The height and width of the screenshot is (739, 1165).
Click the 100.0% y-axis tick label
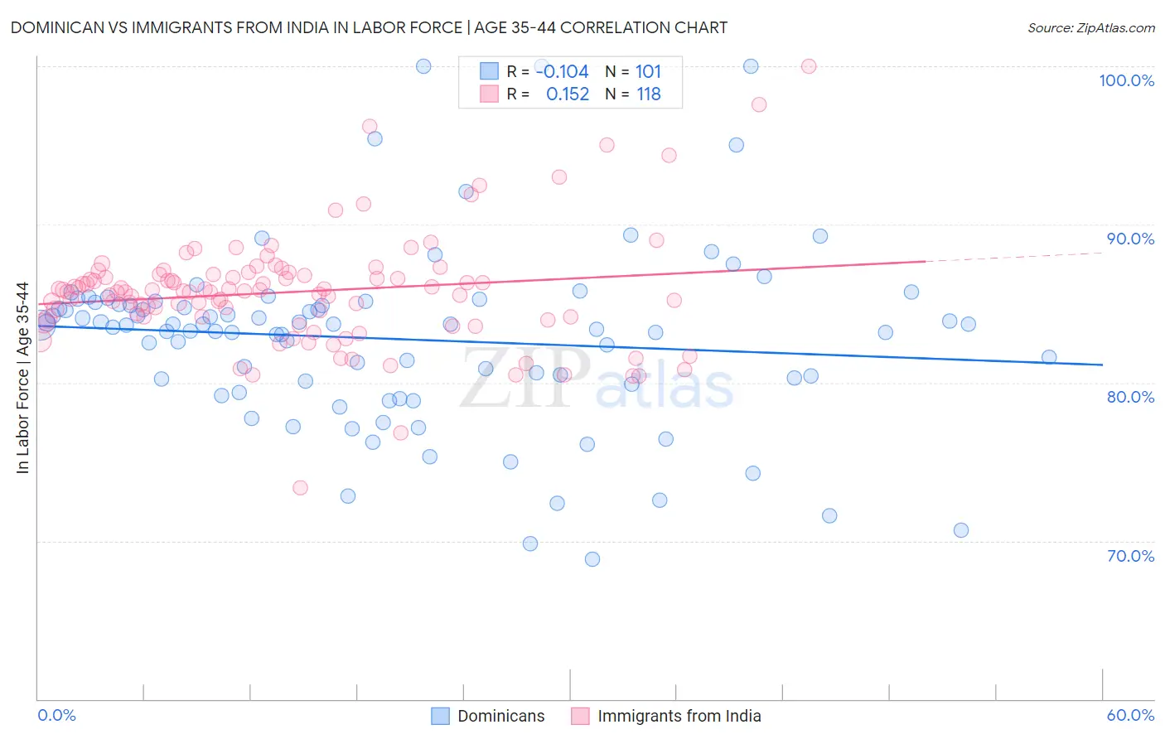point(1126,80)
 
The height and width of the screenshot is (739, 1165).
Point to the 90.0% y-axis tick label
point(1130,239)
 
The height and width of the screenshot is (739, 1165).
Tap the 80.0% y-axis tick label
point(1130,397)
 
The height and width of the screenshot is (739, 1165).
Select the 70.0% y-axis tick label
point(1130,556)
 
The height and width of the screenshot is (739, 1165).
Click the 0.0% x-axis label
point(56,715)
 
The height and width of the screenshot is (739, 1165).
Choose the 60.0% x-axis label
point(1130,715)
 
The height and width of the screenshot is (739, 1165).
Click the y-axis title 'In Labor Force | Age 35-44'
point(22,378)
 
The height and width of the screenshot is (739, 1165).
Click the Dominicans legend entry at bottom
point(488,716)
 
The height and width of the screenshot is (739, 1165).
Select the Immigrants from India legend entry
point(666,716)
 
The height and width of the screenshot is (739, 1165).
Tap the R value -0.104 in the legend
point(562,71)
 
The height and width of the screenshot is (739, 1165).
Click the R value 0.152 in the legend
point(568,94)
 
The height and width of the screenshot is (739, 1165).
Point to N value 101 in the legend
point(648,71)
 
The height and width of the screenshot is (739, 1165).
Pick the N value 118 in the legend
point(648,94)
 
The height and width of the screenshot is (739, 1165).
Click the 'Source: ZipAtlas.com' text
point(1090,27)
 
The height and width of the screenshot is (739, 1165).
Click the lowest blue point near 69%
point(592,559)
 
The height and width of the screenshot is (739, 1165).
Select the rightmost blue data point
point(1049,357)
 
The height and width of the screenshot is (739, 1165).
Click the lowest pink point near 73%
point(300,488)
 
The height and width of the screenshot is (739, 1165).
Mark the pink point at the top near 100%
point(809,66)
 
